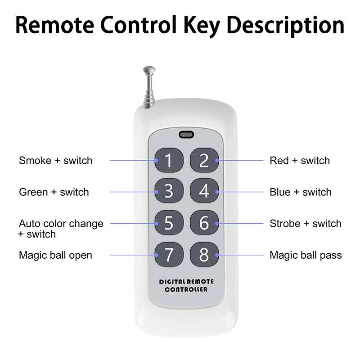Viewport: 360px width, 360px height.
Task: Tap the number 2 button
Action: (x=204, y=160)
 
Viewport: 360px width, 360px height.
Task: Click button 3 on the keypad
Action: (x=169, y=191)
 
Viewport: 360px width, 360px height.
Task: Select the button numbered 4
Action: (x=204, y=191)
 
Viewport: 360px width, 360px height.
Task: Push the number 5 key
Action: (x=169, y=223)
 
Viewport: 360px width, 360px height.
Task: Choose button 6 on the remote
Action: (x=204, y=223)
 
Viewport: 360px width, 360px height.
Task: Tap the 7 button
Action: (x=169, y=254)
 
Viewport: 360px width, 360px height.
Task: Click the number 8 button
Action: (x=204, y=254)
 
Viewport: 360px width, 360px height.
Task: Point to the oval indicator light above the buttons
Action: (x=186, y=135)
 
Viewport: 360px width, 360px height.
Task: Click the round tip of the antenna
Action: (x=149, y=70)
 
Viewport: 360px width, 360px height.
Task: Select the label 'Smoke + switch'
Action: (x=55, y=161)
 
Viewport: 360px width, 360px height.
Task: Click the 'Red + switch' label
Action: (x=300, y=161)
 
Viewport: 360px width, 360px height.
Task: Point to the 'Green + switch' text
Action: (x=54, y=192)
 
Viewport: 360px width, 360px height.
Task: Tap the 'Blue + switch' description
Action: (x=301, y=192)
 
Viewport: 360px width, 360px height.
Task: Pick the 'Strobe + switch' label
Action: (x=306, y=223)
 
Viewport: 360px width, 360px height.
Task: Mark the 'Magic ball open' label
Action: (x=55, y=255)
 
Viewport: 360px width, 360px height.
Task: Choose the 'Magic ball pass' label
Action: (x=306, y=255)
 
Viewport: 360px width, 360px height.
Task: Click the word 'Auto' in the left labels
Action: (x=29, y=223)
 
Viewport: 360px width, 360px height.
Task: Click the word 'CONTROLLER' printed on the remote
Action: (x=186, y=289)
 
